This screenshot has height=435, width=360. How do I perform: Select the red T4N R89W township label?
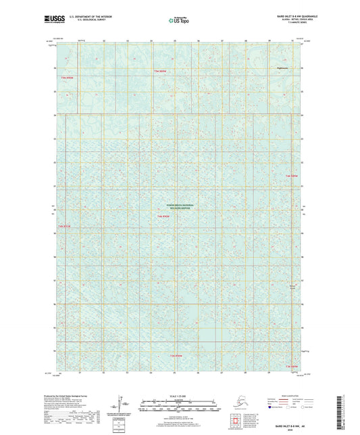coord(291,176)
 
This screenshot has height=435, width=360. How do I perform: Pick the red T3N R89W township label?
coord(291,365)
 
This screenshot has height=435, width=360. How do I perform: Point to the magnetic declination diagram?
coord(124,403)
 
